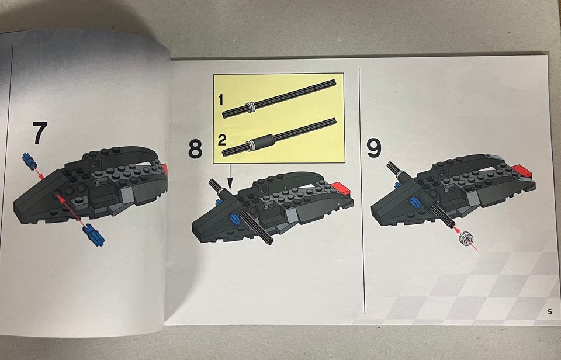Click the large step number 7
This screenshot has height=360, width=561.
point(40,133)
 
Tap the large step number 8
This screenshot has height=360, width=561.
point(195,148)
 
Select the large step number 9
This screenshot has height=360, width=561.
point(374,148)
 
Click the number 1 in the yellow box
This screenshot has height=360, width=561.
point(220,99)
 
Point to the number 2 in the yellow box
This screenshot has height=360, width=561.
point(222,140)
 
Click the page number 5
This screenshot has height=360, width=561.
point(549,312)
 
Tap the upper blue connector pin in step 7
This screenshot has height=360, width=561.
point(29,161)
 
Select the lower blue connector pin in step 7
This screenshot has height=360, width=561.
point(93,235)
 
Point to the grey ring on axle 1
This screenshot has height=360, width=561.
point(250,106)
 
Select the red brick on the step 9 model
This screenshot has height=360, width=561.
point(522,171)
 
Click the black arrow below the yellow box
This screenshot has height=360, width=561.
point(230,176)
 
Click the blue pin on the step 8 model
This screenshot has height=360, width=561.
point(234,219)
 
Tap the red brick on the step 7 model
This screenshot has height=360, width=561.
point(165,169)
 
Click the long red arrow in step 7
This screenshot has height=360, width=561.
point(72,211)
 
